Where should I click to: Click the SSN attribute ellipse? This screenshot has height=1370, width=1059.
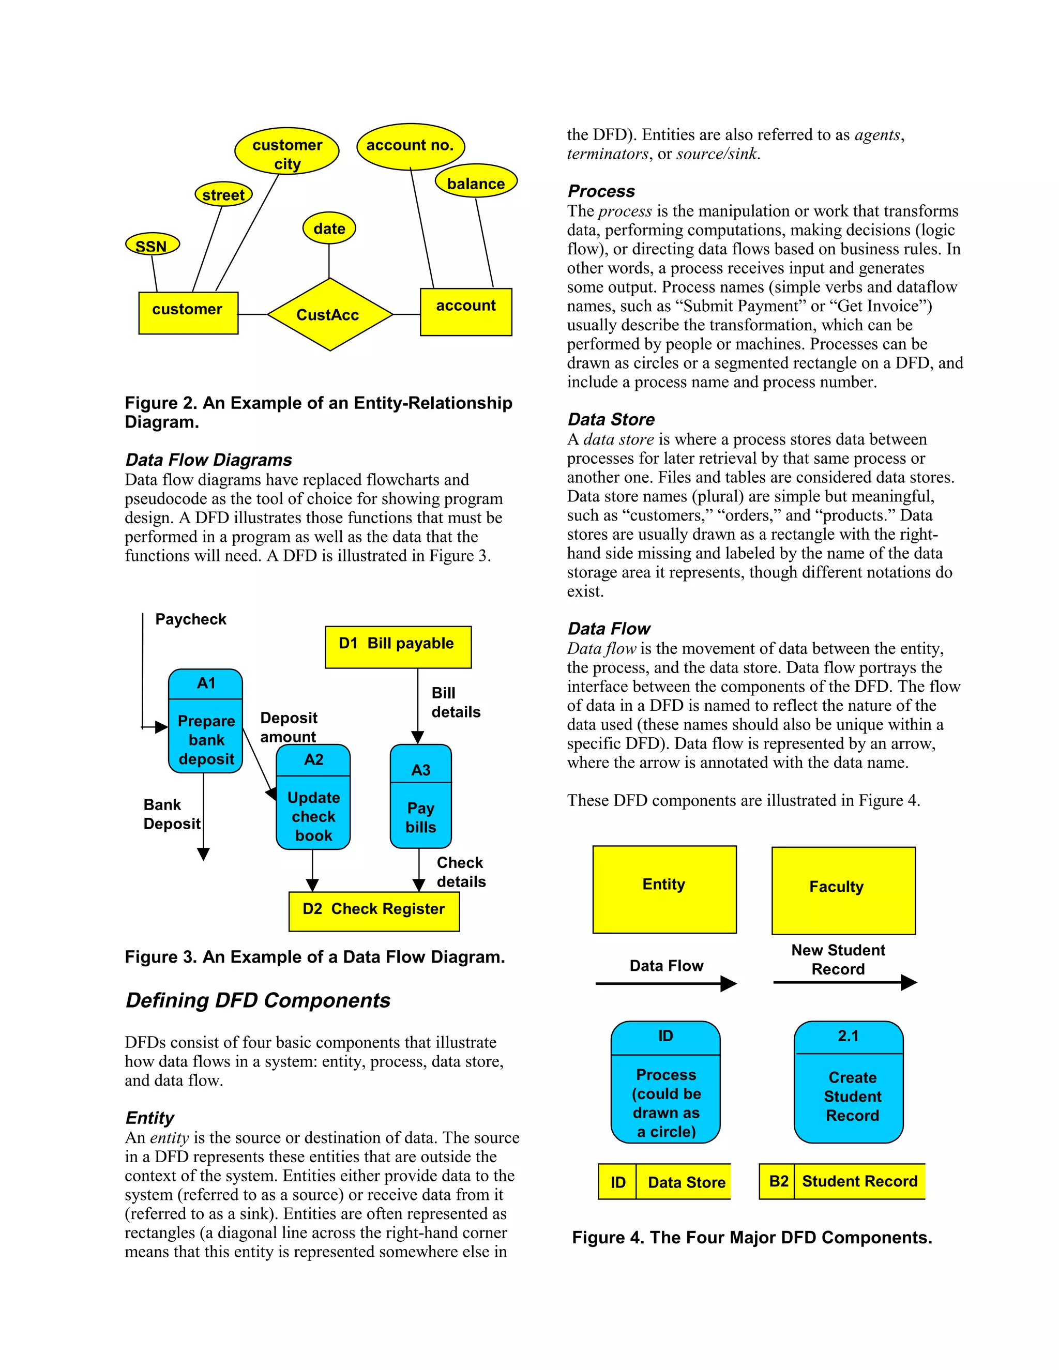point(153,245)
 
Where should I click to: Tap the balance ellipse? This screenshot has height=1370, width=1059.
point(476,182)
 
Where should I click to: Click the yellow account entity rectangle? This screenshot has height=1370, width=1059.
point(466,312)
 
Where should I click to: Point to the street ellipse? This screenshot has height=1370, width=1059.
point(223,194)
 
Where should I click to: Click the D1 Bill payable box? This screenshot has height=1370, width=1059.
point(398,646)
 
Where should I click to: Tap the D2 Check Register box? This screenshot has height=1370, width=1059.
point(374,911)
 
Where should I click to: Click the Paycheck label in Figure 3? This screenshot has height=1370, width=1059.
point(191,619)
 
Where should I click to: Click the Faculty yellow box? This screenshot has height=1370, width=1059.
point(843,890)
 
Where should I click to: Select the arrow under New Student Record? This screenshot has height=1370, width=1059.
point(844,982)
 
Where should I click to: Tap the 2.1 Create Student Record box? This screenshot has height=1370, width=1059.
point(848,1082)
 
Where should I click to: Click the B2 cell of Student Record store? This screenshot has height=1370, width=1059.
point(777,1181)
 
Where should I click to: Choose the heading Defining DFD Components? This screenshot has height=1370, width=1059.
point(258,1000)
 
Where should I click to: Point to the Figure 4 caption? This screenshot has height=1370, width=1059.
point(751,1238)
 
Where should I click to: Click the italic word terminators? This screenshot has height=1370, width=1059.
point(607,154)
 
